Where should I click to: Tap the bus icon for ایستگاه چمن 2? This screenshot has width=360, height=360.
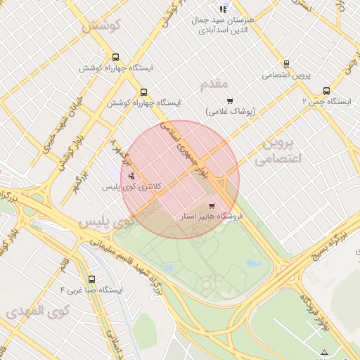coord(326,91)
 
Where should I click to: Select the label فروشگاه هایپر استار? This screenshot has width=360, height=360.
coord(212,217)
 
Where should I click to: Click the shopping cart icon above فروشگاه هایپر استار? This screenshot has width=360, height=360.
coord(212,206)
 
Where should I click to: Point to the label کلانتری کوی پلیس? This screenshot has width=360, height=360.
coord(132,187)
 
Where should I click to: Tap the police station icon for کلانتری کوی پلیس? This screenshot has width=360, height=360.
coord(132,176)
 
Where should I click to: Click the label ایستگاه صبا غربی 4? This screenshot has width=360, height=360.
coord(92,290)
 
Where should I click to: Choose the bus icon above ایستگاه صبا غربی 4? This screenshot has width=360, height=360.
coord(91,279)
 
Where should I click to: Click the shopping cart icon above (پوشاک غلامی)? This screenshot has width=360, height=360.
coord(229,101)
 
